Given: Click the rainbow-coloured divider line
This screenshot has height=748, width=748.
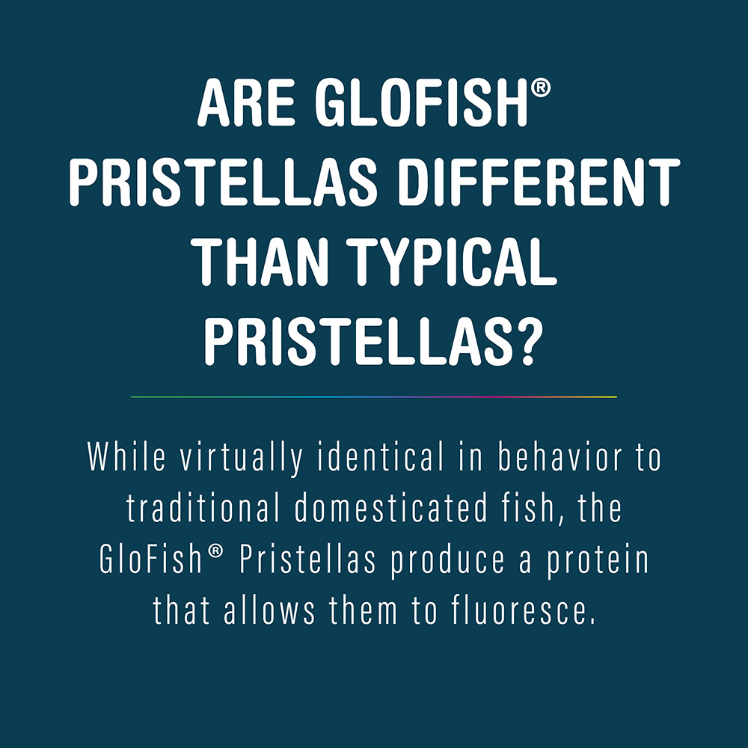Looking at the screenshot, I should point(374,396).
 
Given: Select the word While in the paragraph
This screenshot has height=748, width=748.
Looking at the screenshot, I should point(126,458).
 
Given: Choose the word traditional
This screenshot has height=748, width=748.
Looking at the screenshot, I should point(203,509).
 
